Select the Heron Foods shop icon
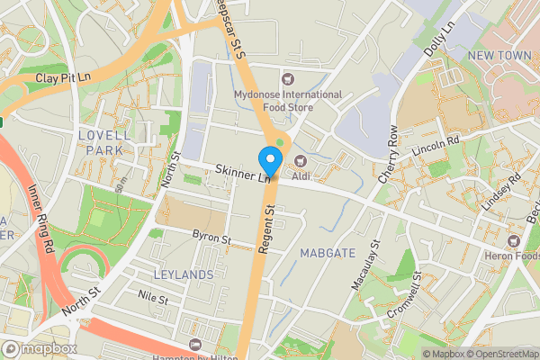pyautogui.click(x=514, y=240)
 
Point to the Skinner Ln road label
pyautogui.click(x=243, y=174)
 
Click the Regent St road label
pyautogui.click(x=268, y=229)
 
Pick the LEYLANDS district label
pyautogui.click(x=184, y=274)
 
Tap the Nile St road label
pyautogui.click(x=153, y=294)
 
